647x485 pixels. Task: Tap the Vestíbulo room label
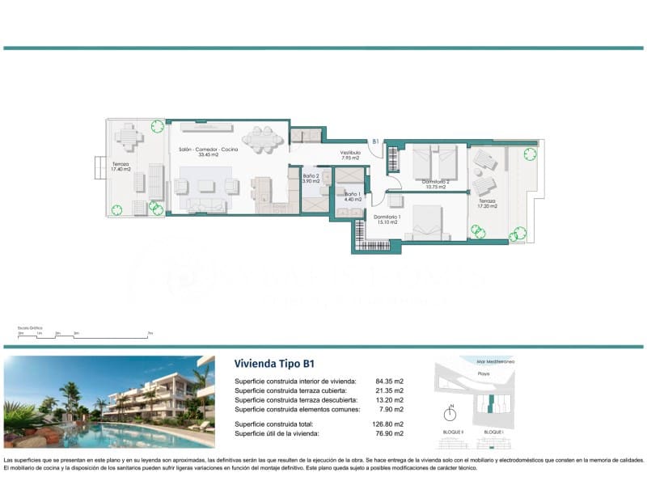(x=349, y=154)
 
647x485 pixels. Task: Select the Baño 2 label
(x=311, y=179)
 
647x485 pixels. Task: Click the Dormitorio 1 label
(x=386, y=219)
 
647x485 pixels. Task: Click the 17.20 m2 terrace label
(x=486, y=203)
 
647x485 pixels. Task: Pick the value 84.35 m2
(x=389, y=381)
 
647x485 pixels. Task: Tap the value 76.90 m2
(x=389, y=434)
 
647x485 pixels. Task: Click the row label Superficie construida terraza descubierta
(x=295, y=400)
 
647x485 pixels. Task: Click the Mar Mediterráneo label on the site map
(x=496, y=362)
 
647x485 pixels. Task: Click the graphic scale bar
(x=84, y=333)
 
